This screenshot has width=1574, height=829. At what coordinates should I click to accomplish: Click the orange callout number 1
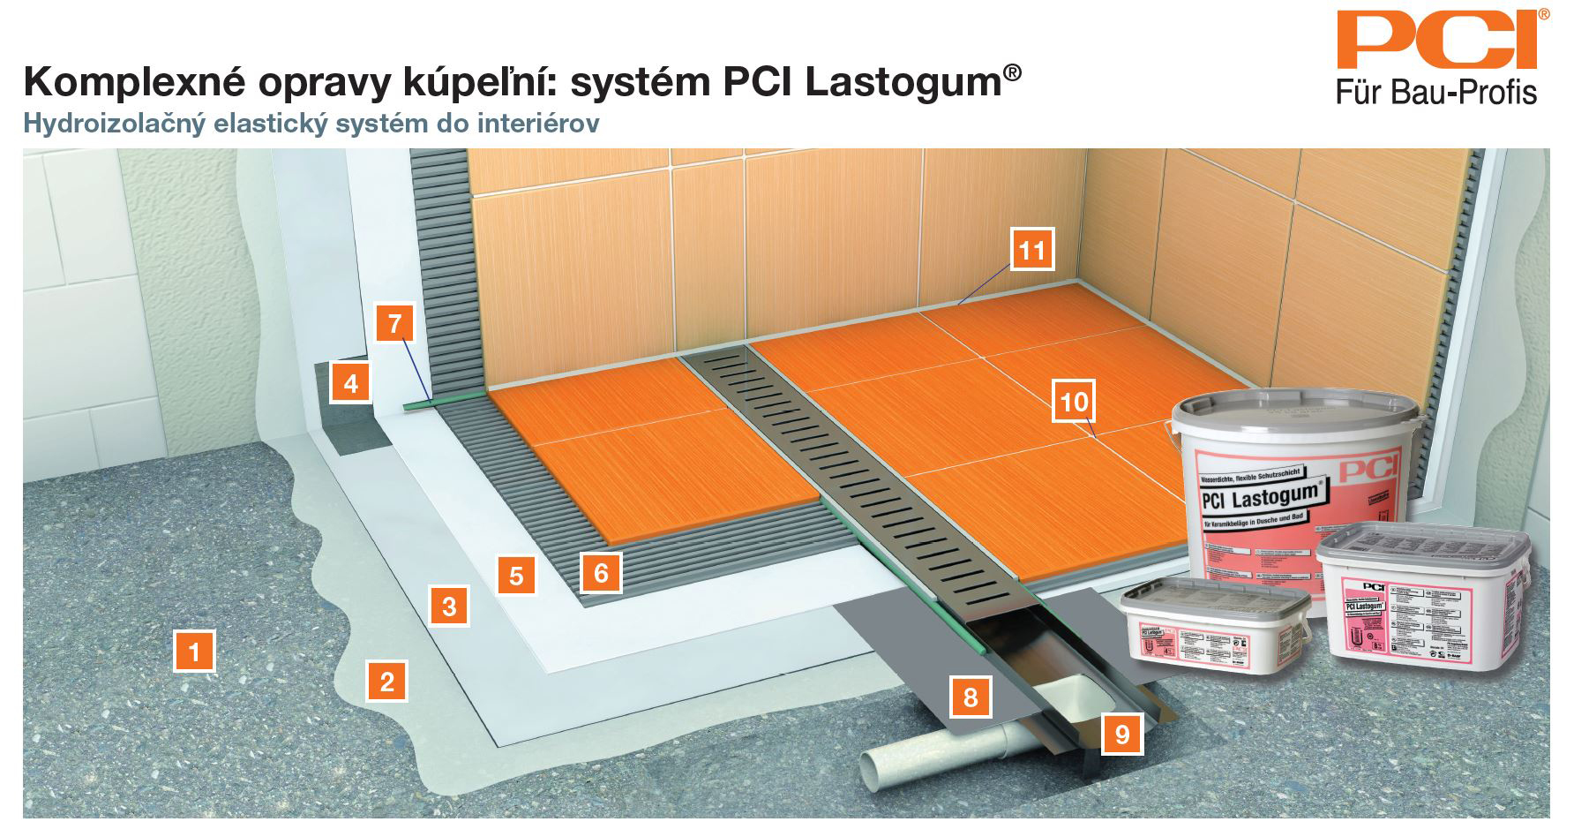click(x=195, y=652)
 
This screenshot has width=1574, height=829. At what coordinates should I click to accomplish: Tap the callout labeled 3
click(x=449, y=607)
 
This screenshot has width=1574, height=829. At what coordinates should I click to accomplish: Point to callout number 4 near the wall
click(x=351, y=383)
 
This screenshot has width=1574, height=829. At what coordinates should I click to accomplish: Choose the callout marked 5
click(x=516, y=576)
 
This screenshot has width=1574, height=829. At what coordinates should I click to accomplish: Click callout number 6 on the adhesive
click(x=601, y=572)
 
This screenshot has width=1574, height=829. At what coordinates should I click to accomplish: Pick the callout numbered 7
click(x=394, y=323)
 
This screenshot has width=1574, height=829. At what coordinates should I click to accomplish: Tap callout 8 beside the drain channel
click(x=971, y=697)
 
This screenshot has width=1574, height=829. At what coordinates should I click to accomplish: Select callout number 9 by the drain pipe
click(x=1122, y=734)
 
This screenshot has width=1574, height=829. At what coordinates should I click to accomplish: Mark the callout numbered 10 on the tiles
click(x=1074, y=403)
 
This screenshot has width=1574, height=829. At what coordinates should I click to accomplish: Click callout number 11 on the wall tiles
click(x=1031, y=251)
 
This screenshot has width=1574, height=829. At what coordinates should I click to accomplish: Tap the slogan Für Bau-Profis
click(x=1436, y=93)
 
